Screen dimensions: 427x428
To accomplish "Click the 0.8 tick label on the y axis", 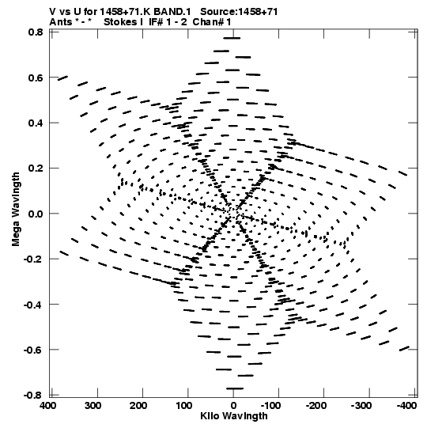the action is (36, 32).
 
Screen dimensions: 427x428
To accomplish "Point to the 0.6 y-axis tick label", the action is (36, 78).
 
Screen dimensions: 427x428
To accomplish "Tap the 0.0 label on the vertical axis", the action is (36, 214).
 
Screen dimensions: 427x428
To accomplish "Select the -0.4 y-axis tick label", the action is (33, 305).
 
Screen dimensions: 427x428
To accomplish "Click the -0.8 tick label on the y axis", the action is (33, 396).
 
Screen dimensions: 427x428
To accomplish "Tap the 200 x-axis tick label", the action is (138, 406).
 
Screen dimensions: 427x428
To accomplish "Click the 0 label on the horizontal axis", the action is (233, 406).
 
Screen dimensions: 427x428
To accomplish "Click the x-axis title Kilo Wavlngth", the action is (234, 416).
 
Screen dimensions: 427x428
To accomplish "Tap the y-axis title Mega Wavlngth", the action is (16, 210).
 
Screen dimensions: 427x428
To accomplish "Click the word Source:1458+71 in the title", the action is (239, 12).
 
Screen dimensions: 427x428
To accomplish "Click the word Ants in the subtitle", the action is (61, 22).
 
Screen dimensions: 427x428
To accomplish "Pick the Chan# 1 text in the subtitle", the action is (212, 22).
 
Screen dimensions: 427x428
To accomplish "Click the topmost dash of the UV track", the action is (232, 38).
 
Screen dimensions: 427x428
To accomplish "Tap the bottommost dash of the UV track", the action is (235, 388).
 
